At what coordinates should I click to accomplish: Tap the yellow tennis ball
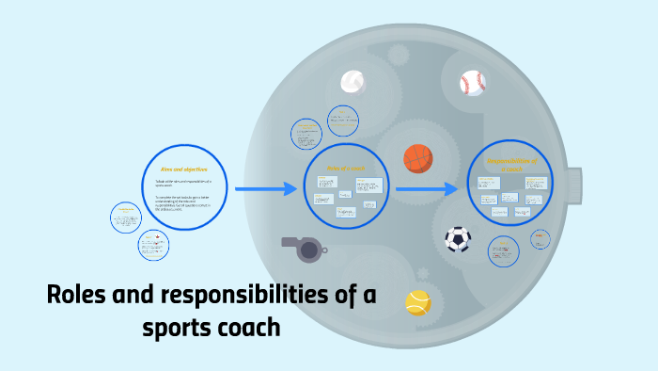[x=418, y=301]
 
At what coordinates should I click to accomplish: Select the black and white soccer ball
[x=458, y=238]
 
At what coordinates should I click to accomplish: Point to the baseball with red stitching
[x=473, y=83]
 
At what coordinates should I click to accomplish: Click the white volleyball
[x=352, y=83]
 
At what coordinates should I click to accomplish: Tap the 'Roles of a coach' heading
[x=344, y=169]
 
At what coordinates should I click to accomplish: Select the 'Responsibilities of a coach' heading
[x=511, y=164]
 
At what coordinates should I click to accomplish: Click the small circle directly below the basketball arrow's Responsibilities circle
[x=504, y=250]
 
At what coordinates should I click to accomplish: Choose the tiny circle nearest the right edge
[x=540, y=239]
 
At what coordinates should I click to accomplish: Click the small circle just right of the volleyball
[x=343, y=120]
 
